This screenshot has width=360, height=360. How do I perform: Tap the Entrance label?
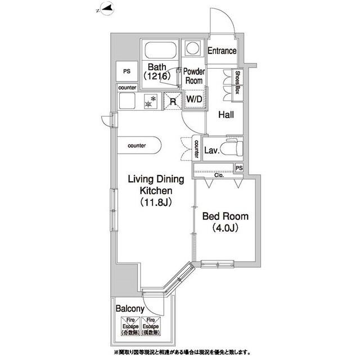pyautogui.click(x=222, y=51)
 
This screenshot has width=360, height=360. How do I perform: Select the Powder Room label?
pyautogui.click(x=194, y=76)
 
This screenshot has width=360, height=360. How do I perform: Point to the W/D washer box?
pyautogui.click(x=194, y=100)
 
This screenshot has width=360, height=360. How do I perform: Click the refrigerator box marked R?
pyautogui.click(x=172, y=101)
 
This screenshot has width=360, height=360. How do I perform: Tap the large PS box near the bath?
pyautogui.click(x=127, y=71)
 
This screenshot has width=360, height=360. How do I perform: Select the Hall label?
pyautogui.click(x=226, y=115)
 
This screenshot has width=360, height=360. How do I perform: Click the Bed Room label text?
pyautogui.click(x=226, y=217)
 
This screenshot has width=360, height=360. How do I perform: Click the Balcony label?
pyautogui.click(x=130, y=309)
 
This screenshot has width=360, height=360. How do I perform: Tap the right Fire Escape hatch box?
pyautogui.click(x=150, y=326)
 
